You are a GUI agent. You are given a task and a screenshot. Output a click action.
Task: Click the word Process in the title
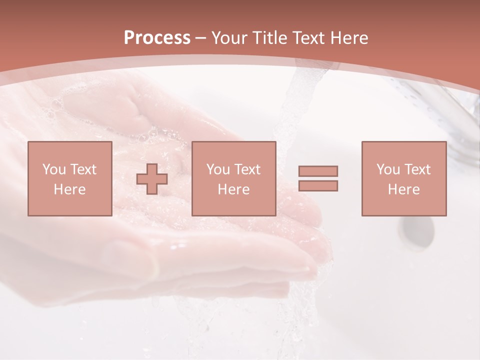(157, 38)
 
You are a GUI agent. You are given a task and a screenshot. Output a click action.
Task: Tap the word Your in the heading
(229, 38)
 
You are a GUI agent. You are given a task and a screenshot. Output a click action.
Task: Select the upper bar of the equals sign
(318, 171)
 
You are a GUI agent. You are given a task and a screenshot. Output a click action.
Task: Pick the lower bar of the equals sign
(318, 186)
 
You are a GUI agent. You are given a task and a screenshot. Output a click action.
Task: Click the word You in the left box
(53, 169)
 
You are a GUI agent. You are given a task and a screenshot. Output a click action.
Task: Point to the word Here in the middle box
(233, 189)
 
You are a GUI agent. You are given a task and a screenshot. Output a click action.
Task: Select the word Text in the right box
(417, 169)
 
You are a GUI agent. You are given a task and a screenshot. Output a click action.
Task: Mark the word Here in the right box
(403, 189)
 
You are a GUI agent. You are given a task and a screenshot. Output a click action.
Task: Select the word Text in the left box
(83, 169)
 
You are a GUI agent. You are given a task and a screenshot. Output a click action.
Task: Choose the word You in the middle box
(217, 169)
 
